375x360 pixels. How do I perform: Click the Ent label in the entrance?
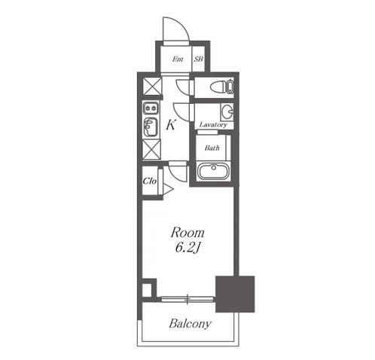coord(178,59)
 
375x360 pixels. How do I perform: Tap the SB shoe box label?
coord(198,59)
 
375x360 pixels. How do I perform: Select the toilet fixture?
coord(222,87)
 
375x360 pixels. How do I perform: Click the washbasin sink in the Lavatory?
coord(227,111)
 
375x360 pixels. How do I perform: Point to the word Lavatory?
coord(213,124)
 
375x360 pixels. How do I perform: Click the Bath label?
coord(212,148)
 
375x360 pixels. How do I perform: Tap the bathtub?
coord(213,171)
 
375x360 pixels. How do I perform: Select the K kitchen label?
coord(171,124)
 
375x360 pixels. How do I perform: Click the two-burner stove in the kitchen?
coord(151,108)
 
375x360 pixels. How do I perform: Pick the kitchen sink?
coord(151,127)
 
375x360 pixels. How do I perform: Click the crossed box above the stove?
coord(152,87)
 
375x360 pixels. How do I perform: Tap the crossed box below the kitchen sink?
coord(151,149)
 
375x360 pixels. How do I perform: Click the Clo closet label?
coord(150,181)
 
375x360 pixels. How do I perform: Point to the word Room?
coord(187,233)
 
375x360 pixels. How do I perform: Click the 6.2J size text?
coord(187,248)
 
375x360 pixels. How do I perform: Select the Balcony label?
coord(190,324)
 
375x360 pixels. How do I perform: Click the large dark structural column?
coord(235,294)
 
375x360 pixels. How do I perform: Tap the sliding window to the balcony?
coord(187,299)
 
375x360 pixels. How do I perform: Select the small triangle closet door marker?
coord(168,189)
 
